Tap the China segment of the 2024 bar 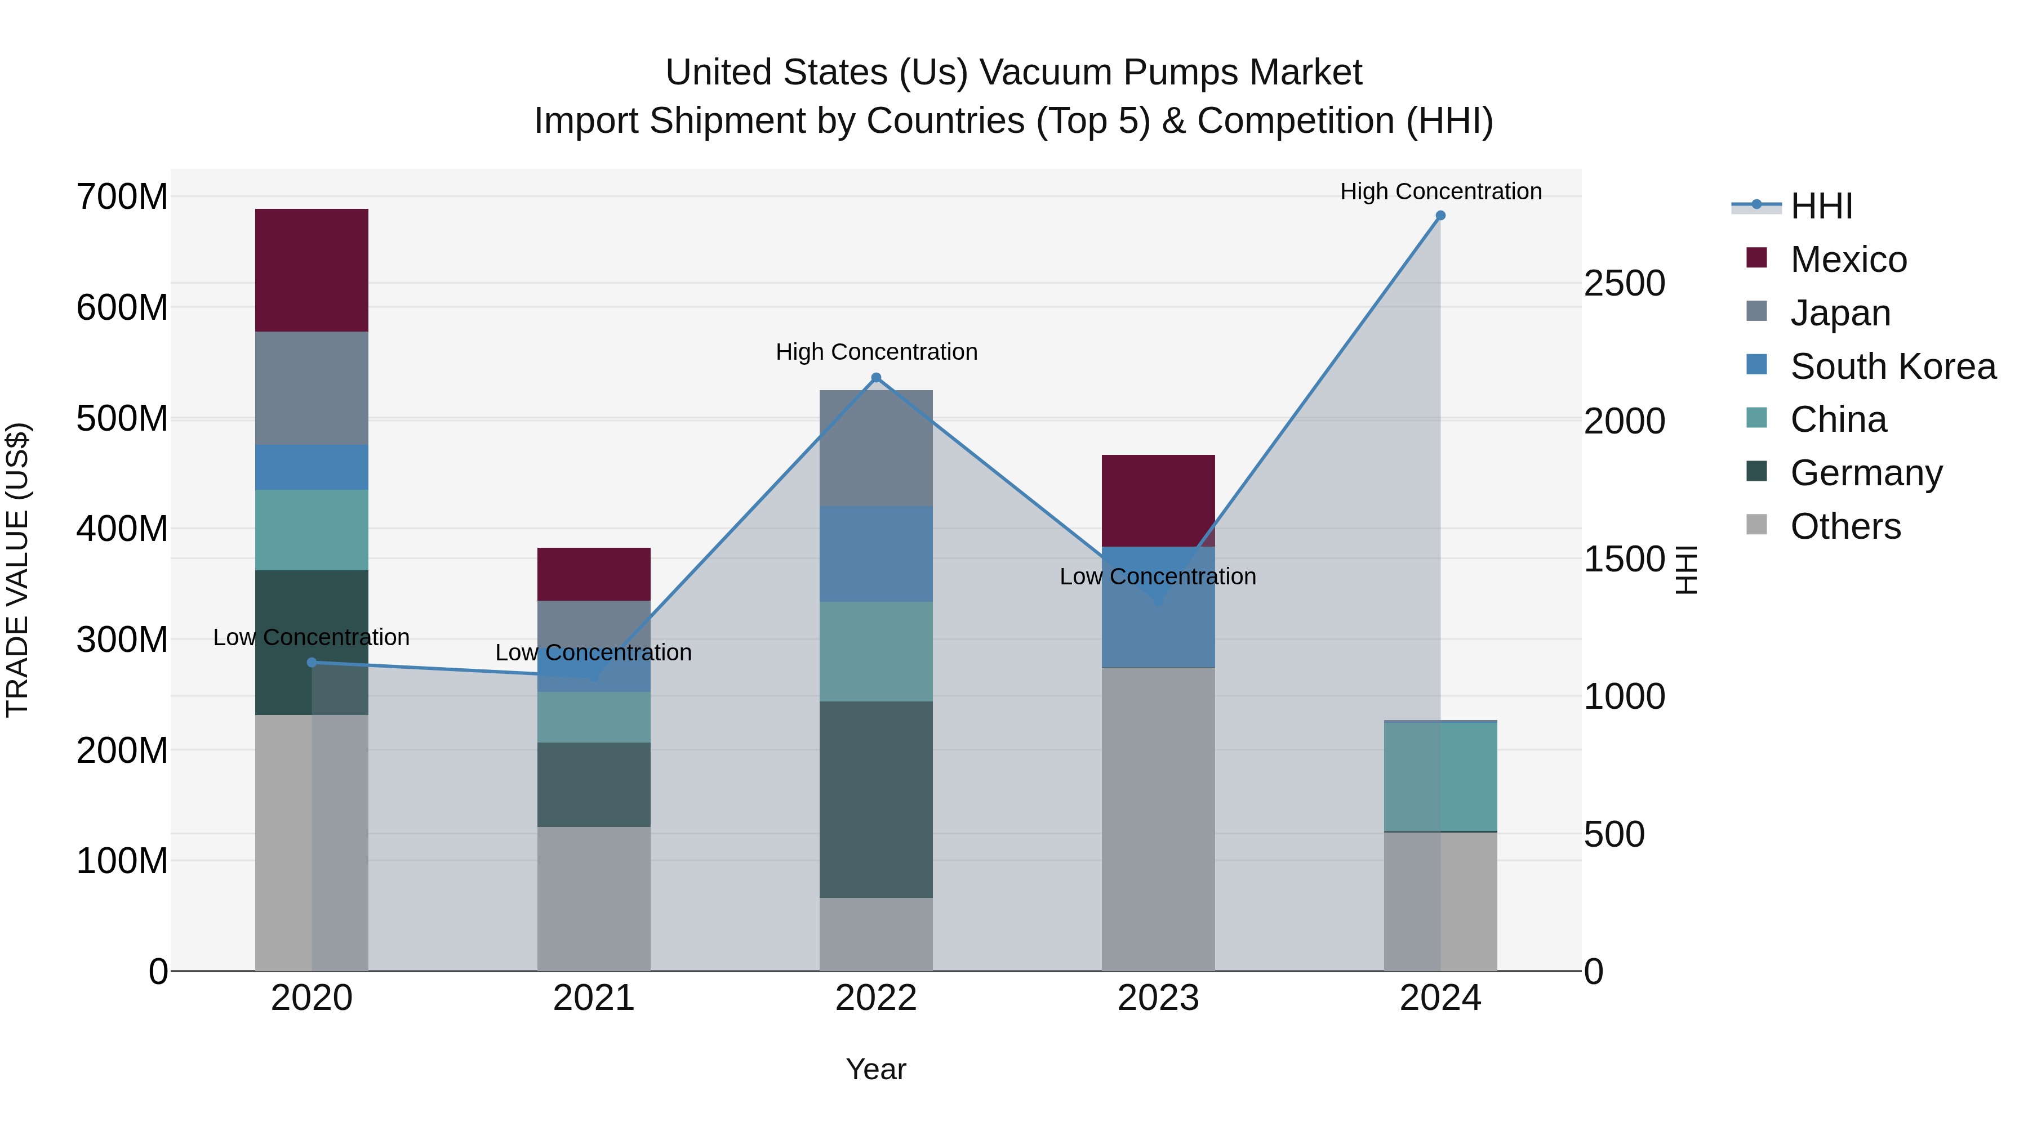pyautogui.click(x=1440, y=776)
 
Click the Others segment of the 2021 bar pyautogui.click(x=594, y=898)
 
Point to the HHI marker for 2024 pyautogui.click(x=1440, y=216)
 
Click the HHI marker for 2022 pyautogui.click(x=875, y=378)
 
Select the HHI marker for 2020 pyautogui.click(x=311, y=663)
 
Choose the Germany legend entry pyautogui.click(x=1865, y=473)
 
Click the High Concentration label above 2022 pyautogui.click(x=875, y=352)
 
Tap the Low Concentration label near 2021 pyautogui.click(x=594, y=652)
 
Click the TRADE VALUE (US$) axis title pyautogui.click(x=18, y=570)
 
